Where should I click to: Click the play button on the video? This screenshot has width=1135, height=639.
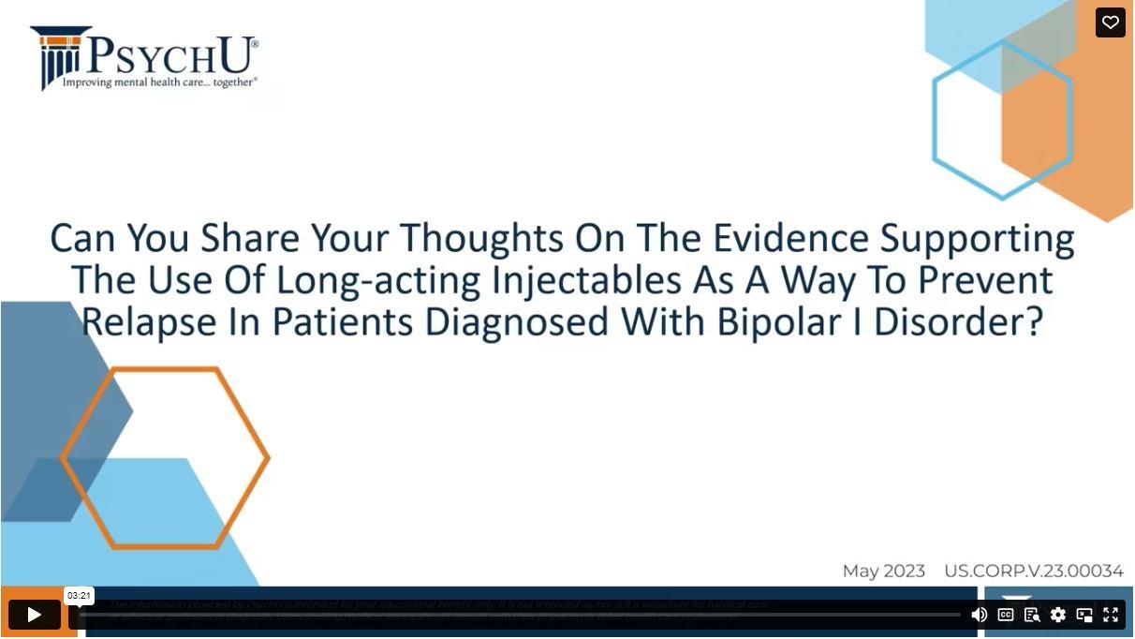pyautogui.click(x=34, y=615)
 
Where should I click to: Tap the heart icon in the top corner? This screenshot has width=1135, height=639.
pyautogui.click(x=1111, y=22)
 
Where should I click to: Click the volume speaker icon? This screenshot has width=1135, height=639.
pyautogui.click(x=979, y=615)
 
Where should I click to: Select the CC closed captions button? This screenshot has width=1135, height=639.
pyautogui.click(x=1006, y=615)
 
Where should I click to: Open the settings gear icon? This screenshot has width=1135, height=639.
pyautogui.click(x=1058, y=615)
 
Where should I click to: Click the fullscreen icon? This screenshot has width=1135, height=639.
pyautogui.click(x=1111, y=615)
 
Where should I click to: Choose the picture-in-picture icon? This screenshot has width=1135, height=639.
pyautogui.click(x=1084, y=615)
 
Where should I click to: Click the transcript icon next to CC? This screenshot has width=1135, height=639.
pyautogui.click(x=1032, y=615)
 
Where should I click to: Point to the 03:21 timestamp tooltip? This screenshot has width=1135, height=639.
pyautogui.click(x=79, y=595)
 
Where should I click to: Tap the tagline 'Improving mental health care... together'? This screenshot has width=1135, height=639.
pyautogui.click(x=159, y=82)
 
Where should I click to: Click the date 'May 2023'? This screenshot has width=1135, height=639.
pyautogui.click(x=883, y=571)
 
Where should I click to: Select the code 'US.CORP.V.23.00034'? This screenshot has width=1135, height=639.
pyautogui.click(x=1033, y=571)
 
